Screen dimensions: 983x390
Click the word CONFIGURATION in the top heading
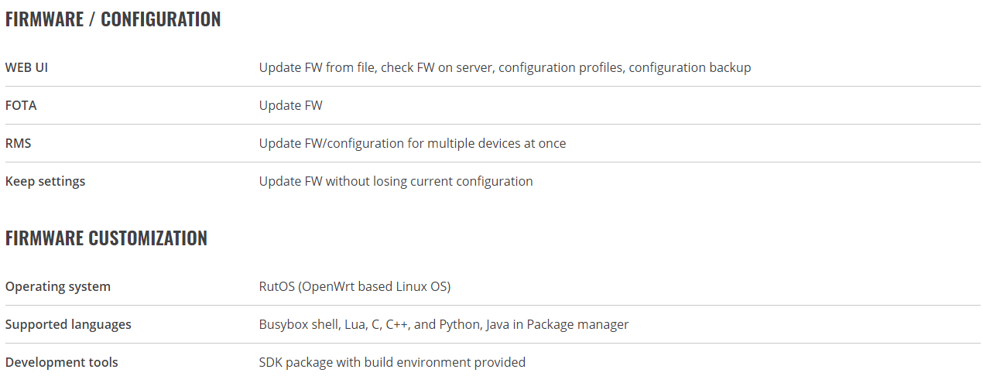[x=161, y=19]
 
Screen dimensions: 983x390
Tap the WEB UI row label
[x=26, y=67]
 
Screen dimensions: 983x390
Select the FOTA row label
[x=21, y=105]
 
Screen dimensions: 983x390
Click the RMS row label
[x=18, y=143]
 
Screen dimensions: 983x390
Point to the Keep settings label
[x=45, y=182]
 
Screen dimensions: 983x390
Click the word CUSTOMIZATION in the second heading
[x=147, y=238]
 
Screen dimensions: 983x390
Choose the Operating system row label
[x=58, y=287]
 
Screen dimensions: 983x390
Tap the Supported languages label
[x=68, y=325]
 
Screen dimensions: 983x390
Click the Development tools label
[x=61, y=362]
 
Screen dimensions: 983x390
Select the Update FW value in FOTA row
[x=290, y=105]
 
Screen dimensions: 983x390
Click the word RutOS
[x=277, y=286]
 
